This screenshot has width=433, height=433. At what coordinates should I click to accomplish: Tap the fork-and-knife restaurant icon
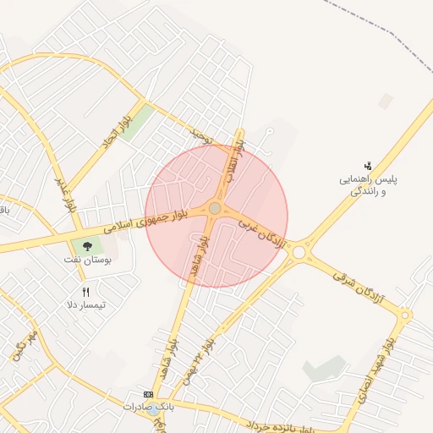coord(85,292)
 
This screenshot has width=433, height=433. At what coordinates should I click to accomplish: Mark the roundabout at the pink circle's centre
coord(215,208)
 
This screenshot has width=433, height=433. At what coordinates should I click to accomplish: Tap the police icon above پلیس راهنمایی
coord(368,166)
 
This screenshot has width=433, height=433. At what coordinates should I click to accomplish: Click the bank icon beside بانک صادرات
coord(149,394)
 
